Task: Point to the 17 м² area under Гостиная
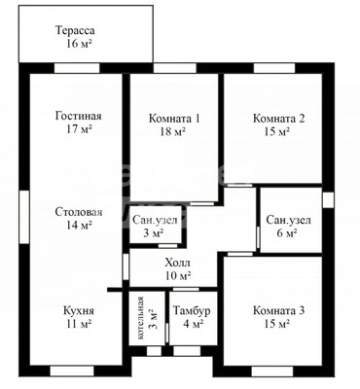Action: [x=79, y=129]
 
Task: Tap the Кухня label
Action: [x=78, y=311]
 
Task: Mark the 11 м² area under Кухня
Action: [x=78, y=326]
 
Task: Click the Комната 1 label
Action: [x=175, y=119]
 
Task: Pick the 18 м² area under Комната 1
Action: [x=175, y=132]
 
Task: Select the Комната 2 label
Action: [x=279, y=119]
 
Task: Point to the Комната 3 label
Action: [x=279, y=311]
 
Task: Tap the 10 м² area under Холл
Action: [x=177, y=276]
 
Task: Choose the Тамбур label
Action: [x=193, y=311]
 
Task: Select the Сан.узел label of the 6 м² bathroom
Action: [x=288, y=220]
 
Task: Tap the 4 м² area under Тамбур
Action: [x=193, y=325]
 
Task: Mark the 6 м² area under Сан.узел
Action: [x=288, y=233]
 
